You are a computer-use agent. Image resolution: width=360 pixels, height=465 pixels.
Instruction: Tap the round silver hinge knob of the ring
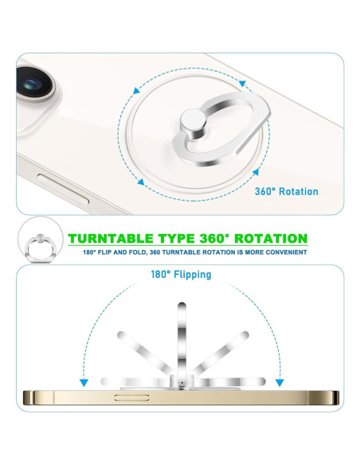point(191,123)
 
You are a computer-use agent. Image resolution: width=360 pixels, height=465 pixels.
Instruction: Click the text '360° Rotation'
point(286,192)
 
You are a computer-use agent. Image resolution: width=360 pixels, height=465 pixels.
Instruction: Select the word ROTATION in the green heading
point(267,238)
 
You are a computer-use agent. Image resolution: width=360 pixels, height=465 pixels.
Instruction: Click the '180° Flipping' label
point(182,275)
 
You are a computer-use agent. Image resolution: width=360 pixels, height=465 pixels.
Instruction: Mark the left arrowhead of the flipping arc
point(83,381)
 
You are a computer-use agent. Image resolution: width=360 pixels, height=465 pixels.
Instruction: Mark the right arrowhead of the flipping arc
point(280,381)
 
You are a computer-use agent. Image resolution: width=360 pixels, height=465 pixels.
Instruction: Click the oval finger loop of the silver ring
point(219,116)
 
